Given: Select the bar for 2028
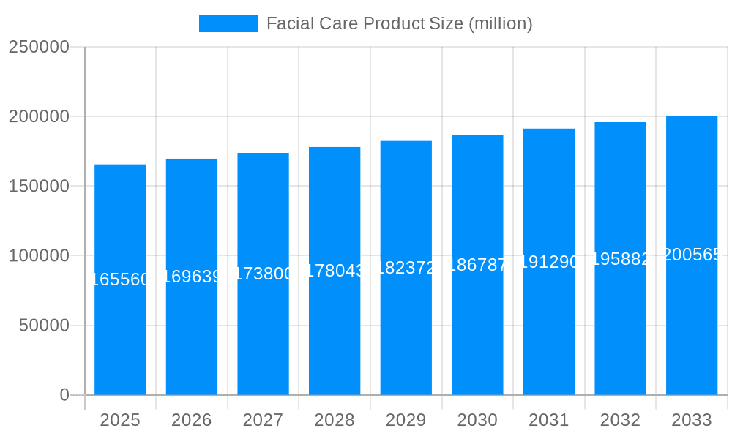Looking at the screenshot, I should (x=335, y=329).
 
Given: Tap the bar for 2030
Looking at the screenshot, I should (x=477, y=329).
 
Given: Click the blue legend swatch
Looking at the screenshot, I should (x=228, y=23).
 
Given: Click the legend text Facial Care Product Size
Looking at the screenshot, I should (x=399, y=23).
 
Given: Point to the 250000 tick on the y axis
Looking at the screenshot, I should (x=39, y=48).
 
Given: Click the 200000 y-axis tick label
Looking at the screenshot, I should (x=39, y=117).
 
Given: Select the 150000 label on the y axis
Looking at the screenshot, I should (x=39, y=187).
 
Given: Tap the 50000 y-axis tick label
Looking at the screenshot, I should (x=44, y=326).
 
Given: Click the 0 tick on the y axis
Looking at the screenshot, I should (x=64, y=395).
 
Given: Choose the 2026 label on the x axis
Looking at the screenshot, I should (x=192, y=420).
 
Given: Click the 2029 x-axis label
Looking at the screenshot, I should (x=406, y=420).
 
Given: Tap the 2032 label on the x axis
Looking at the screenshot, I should (x=620, y=420).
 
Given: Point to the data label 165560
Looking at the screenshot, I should (x=121, y=279).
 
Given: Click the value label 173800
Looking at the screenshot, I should (x=264, y=274).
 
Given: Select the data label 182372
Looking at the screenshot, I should (x=406, y=268).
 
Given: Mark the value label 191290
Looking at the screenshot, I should (x=549, y=262).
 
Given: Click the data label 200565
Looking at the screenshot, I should (x=692, y=255).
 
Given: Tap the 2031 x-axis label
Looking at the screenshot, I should (x=549, y=420).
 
